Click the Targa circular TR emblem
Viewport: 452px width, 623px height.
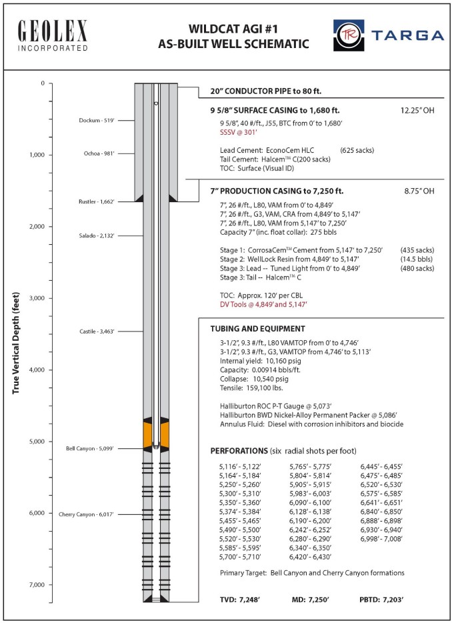(348, 35)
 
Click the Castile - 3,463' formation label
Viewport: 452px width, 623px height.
(96, 332)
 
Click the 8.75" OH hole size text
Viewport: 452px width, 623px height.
(414, 191)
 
